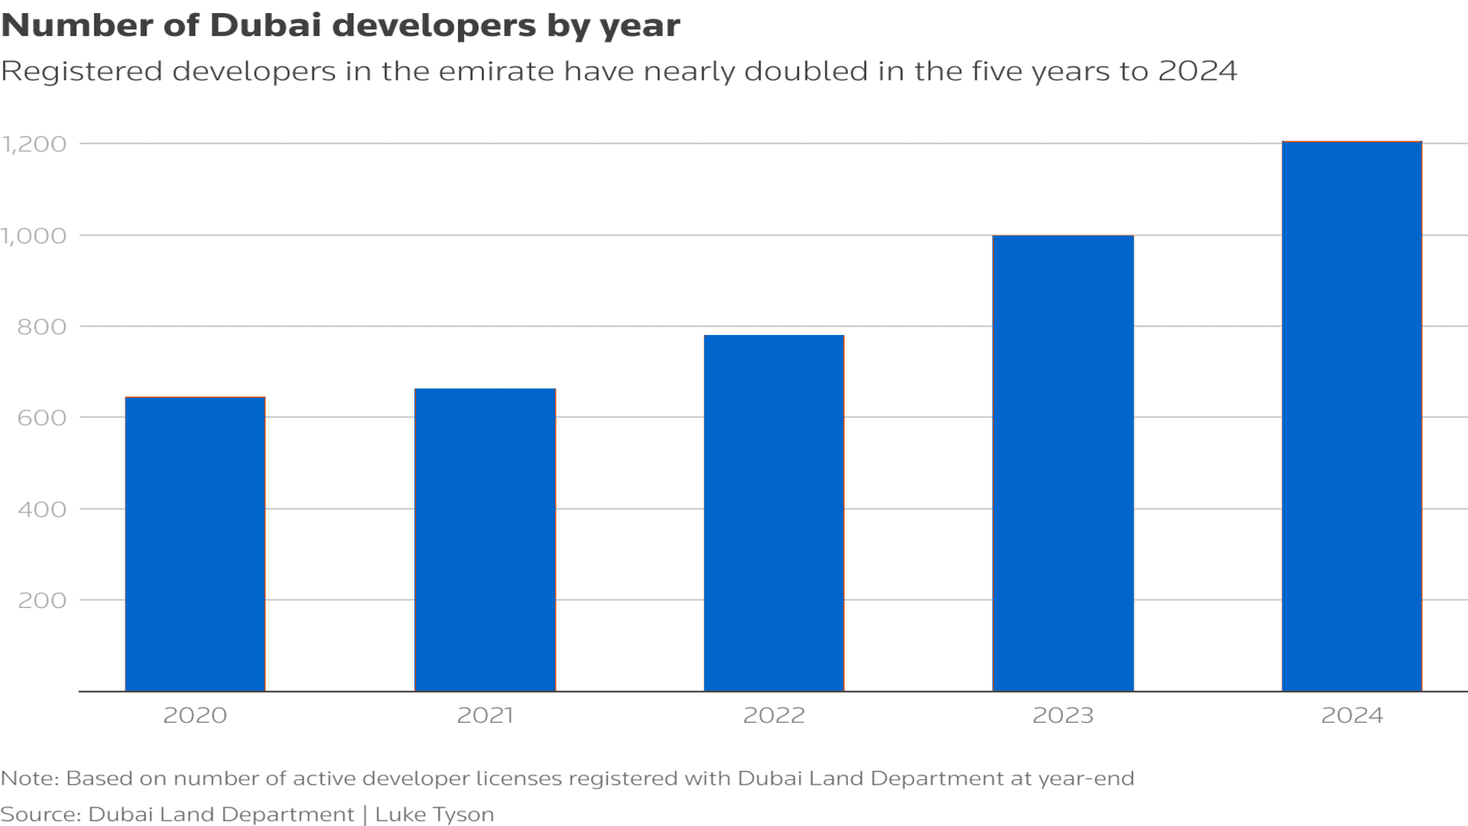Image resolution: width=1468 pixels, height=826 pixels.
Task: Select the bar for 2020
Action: [195, 544]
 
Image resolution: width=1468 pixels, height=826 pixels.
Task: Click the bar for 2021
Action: [485, 540]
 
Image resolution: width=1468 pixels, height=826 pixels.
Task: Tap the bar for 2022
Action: [774, 513]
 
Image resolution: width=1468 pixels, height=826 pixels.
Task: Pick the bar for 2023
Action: [1063, 463]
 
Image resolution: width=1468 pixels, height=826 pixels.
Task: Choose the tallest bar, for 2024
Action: [1352, 416]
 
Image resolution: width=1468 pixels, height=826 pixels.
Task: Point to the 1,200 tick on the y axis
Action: [34, 145]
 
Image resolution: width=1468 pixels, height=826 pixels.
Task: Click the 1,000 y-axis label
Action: [34, 236]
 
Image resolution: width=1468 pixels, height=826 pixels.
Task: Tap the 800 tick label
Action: [42, 327]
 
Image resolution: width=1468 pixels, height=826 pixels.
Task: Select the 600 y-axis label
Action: [42, 418]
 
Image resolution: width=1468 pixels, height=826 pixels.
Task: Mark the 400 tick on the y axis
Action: [42, 509]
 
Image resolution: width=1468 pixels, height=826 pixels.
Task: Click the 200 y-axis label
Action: [42, 600]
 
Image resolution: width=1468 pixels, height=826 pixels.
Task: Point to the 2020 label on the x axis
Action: [195, 716]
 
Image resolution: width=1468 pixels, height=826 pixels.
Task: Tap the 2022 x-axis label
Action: [774, 716]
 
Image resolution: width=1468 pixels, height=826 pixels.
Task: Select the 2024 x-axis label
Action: [1352, 716]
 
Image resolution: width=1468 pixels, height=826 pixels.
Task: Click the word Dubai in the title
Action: [265, 25]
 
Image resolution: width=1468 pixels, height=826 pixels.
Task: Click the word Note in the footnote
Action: [28, 779]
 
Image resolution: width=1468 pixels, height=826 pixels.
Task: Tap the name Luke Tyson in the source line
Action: [434, 815]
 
